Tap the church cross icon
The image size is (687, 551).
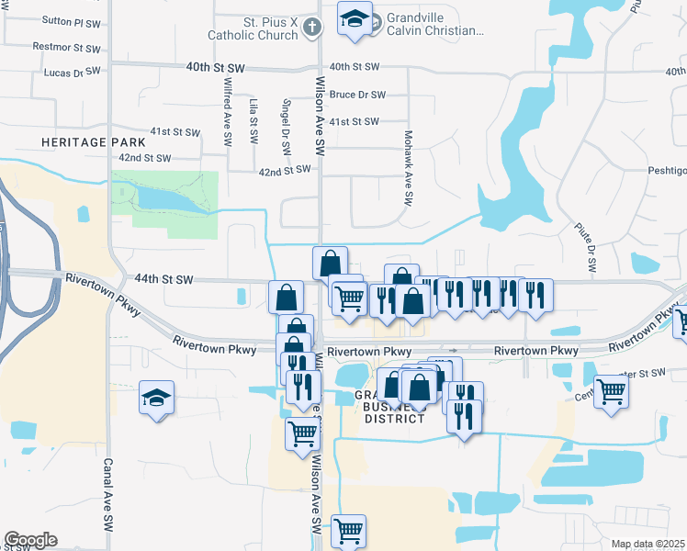tap(311, 27)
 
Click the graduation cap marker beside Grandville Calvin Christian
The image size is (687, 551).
tap(353, 19)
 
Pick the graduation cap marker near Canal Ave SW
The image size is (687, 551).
tap(157, 399)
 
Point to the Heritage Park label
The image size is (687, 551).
tap(93, 143)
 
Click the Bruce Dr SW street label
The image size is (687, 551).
tap(356, 95)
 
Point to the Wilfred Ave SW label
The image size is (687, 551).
tap(228, 113)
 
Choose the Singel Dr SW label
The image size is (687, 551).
tap(287, 124)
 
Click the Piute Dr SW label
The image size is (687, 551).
tap(590, 247)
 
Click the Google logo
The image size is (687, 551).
tap(30, 540)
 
